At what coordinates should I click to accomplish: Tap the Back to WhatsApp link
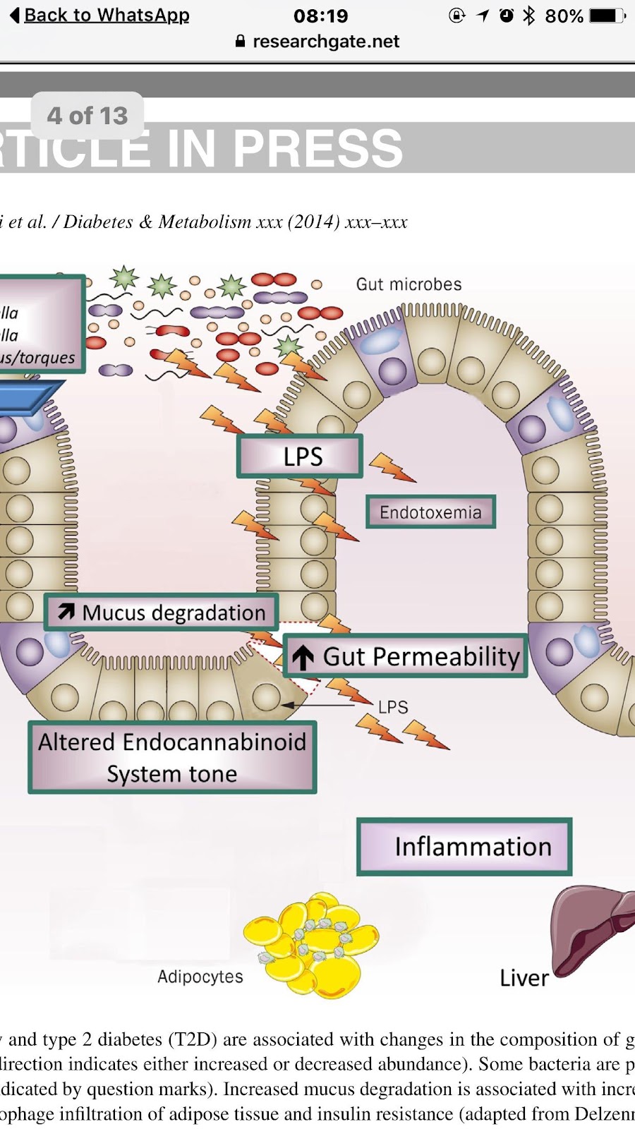click(106, 15)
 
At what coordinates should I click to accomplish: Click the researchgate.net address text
click(325, 42)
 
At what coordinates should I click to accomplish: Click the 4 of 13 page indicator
click(87, 115)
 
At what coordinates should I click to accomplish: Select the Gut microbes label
click(409, 284)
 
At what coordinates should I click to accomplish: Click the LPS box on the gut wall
click(301, 457)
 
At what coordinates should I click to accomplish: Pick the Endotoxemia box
click(430, 512)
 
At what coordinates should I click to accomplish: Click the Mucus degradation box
click(162, 612)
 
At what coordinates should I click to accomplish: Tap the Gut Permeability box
click(406, 657)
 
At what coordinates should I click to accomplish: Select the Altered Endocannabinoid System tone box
click(172, 758)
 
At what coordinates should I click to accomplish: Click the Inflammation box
click(464, 847)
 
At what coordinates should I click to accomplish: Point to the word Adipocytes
click(200, 977)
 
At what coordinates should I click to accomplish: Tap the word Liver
click(524, 978)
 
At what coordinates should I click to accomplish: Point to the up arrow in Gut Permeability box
click(303, 658)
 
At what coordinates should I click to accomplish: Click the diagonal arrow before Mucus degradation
click(66, 612)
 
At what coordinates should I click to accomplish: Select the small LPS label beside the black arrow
click(393, 707)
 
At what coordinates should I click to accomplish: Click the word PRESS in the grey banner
click(317, 148)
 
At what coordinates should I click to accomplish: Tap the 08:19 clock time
click(320, 16)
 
